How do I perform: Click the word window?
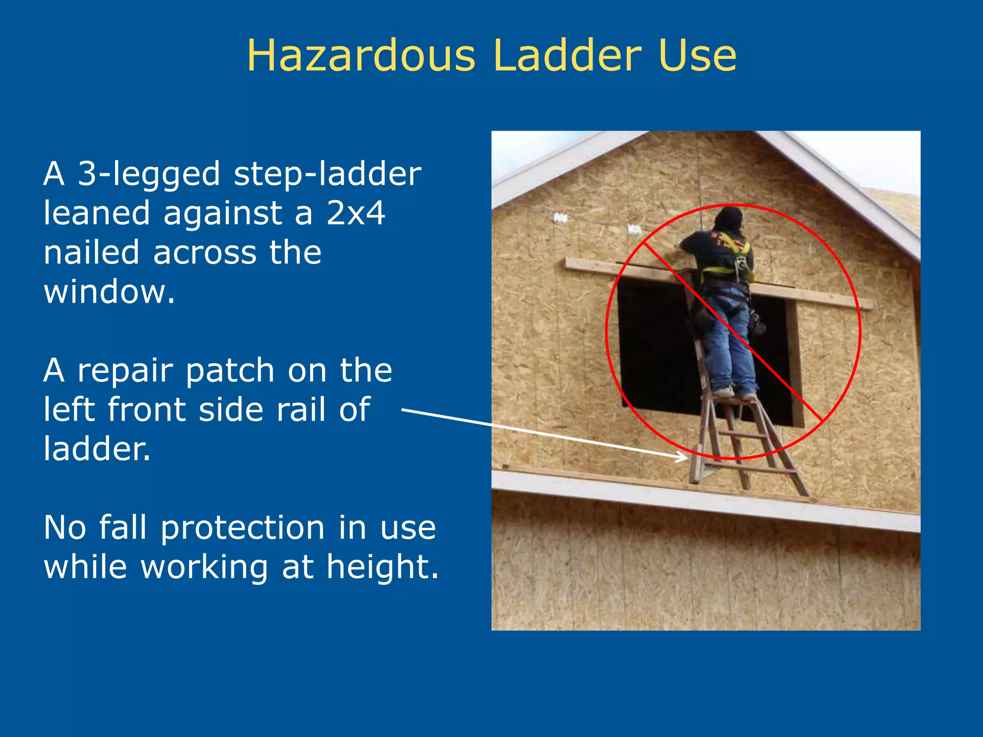109,292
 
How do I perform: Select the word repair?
125,371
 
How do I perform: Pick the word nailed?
91,252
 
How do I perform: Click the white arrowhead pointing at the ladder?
682,456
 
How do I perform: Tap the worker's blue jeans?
732,341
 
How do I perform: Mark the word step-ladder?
327,175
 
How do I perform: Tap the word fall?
122,528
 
